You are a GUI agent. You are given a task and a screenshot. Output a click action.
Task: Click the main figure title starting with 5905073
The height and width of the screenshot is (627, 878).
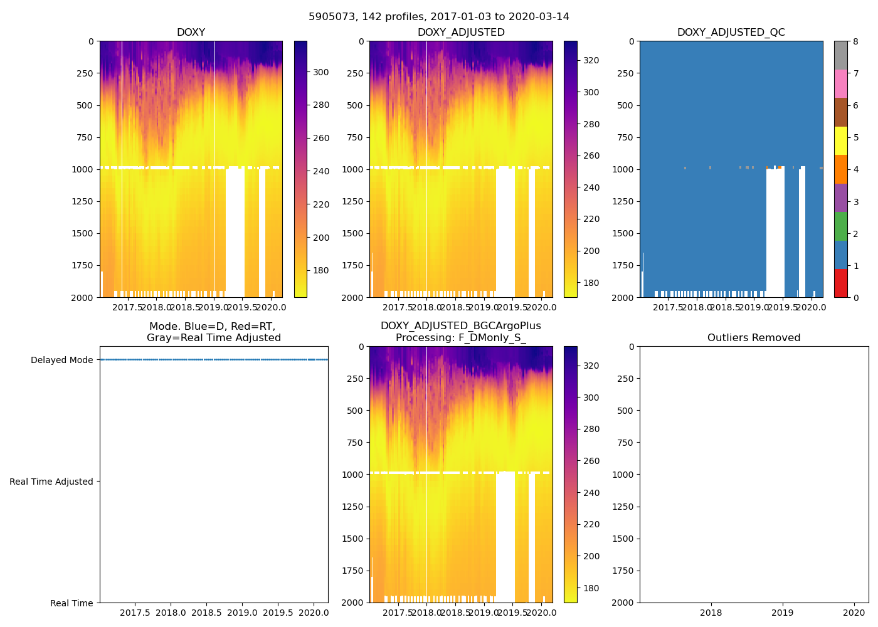(439, 17)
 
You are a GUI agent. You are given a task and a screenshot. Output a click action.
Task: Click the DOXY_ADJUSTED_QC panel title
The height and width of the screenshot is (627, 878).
(731, 33)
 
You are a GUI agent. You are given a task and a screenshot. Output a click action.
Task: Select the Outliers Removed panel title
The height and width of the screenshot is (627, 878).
(754, 338)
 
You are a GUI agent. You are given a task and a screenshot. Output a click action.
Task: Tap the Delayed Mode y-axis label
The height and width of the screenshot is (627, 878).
(61, 360)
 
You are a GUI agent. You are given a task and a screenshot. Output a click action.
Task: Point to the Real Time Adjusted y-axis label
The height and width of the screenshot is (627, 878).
(51, 482)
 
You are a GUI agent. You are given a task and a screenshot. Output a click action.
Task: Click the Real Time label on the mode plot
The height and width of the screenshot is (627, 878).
(71, 603)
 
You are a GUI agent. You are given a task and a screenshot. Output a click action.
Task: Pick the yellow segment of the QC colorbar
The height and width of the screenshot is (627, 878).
(840, 140)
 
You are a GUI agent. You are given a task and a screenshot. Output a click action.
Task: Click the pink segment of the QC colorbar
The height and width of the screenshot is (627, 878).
(840, 83)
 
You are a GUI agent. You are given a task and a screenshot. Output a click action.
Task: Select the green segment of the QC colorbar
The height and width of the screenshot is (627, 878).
(840, 226)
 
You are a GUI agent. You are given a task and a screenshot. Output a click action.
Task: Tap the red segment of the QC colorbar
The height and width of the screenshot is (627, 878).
(840, 283)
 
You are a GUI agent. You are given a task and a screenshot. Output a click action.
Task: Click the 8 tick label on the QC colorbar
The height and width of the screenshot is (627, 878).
(855, 41)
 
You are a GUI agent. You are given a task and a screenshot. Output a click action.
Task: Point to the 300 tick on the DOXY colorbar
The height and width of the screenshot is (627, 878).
(321, 72)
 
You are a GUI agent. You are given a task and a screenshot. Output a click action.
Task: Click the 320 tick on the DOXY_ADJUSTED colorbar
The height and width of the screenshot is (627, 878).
(591, 60)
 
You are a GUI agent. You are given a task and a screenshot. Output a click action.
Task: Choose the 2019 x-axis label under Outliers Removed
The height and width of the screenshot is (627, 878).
(782, 613)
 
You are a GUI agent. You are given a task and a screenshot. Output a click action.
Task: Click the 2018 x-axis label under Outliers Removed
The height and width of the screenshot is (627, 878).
(711, 613)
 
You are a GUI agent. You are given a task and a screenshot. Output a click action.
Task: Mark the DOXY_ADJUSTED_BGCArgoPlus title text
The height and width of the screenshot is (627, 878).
(460, 326)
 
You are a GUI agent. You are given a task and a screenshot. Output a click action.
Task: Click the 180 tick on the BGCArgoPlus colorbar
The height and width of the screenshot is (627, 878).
(591, 588)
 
